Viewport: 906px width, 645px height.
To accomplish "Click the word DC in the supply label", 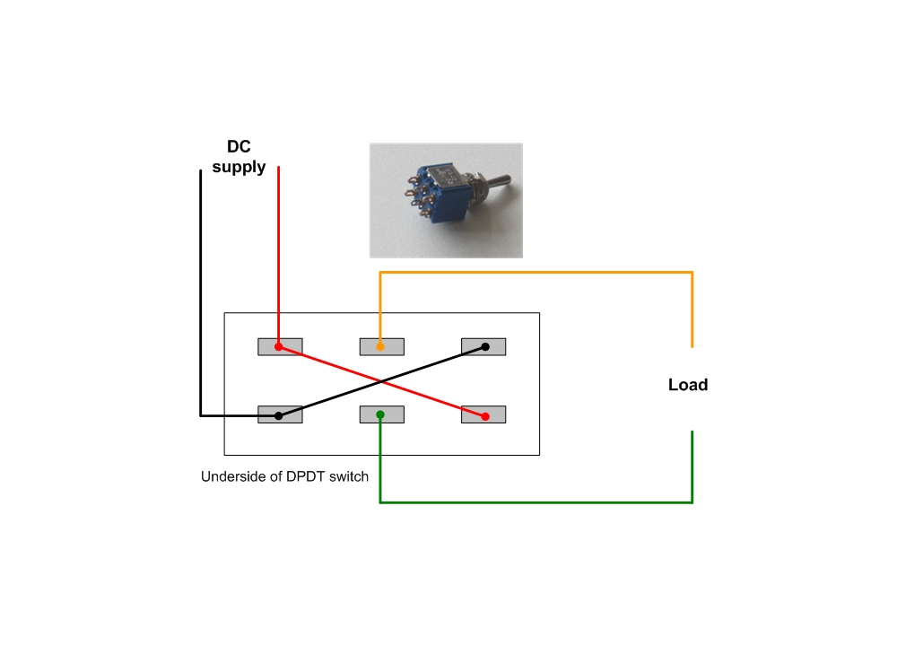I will click(x=239, y=147).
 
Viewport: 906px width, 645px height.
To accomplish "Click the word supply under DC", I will click(x=239, y=167).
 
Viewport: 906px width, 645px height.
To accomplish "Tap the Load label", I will click(x=688, y=385).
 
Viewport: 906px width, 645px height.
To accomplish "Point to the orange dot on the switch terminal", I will click(x=380, y=346).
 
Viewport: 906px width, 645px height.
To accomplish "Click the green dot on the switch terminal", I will click(x=380, y=414).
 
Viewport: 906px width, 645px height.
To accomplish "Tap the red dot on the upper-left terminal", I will click(x=279, y=346).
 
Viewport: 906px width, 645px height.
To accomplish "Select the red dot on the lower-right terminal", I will click(x=484, y=416).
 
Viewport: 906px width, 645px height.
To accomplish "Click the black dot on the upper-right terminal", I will click(x=484, y=346).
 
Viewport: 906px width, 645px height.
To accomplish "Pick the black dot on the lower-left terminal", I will click(x=279, y=415).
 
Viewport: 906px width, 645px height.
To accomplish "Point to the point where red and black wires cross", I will click(x=382, y=381).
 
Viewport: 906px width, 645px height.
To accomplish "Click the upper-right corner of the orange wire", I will click(x=692, y=272).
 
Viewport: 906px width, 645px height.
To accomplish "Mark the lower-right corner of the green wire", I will click(x=692, y=502).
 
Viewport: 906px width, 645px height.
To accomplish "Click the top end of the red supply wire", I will click(x=279, y=168).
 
